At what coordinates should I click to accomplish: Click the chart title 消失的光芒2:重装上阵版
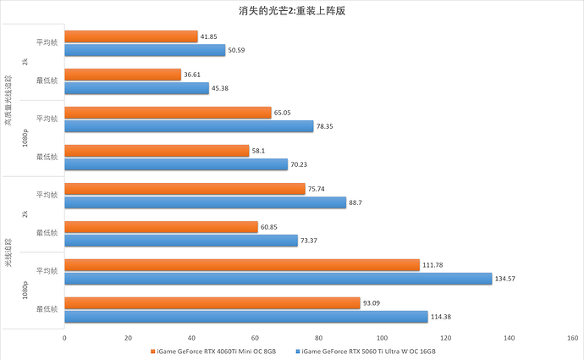(x=291, y=12)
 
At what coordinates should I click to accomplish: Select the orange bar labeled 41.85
(x=130, y=37)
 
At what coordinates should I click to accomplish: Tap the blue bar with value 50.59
(x=145, y=50)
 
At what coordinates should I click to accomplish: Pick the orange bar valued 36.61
(x=123, y=75)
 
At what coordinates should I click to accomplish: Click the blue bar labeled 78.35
(x=189, y=126)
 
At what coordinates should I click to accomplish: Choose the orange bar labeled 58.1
(x=157, y=151)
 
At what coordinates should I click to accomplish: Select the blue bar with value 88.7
(x=205, y=202)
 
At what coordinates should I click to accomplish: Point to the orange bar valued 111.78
(x=242, y=265)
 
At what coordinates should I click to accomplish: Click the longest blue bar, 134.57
(x=278, y=278)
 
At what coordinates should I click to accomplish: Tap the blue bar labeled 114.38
(x=245, y=316)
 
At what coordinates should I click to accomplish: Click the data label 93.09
(x=374, y=303)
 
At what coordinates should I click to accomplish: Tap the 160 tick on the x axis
(x=573, y=338)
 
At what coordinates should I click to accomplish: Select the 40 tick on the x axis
(x=191, y=338)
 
